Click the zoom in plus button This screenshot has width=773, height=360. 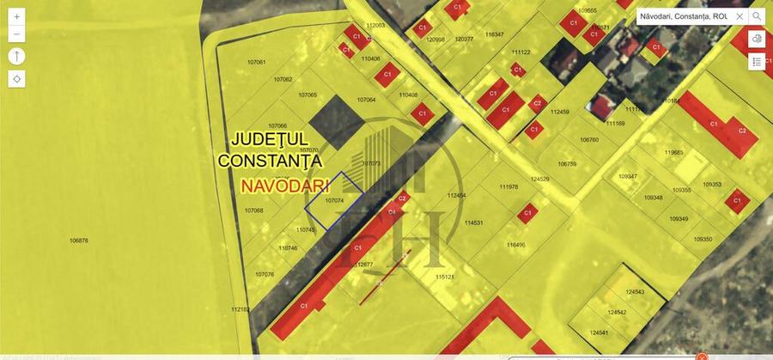point(17,16)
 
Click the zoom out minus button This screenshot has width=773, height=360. point(17,34)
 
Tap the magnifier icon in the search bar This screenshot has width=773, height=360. point(757,16)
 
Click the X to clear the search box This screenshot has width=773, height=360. point(740,16)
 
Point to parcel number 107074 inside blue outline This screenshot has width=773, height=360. point(335,199)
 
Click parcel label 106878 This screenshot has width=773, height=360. point(79,241)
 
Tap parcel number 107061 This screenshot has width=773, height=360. point(256,63)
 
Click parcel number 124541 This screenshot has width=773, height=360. point(600,333)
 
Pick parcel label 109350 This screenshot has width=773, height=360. point(703,239)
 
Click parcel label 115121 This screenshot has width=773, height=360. point(444,277)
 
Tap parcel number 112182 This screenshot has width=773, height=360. point(240,309)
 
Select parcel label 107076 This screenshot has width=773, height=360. point(265,274)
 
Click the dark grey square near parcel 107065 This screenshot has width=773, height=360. point(338,122)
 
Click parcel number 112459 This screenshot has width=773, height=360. point(560,112)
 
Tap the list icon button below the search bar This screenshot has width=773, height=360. point(757,62)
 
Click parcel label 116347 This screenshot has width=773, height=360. point(494,34)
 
